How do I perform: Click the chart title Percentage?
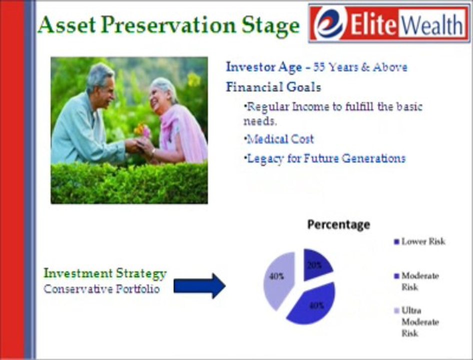pos(338,224)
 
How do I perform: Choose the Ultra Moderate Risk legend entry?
pos(419,321)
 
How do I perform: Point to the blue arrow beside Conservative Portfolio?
pos(199,286)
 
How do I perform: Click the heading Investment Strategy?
pos(105,273)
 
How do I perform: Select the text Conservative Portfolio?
pos(101,289)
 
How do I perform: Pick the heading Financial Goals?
pos(273,87)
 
